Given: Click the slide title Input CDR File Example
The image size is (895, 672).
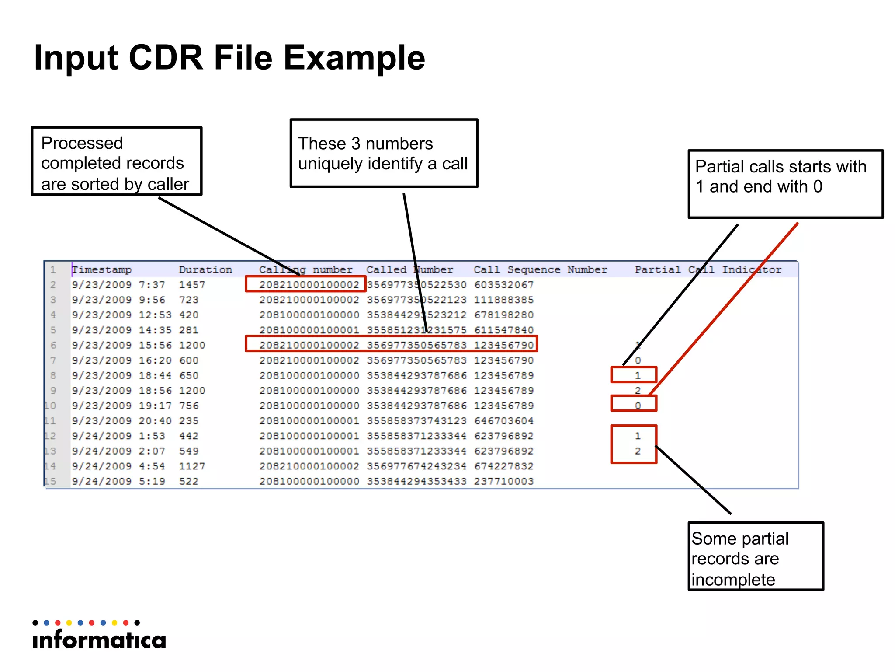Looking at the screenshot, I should pyautogui.click(x=229, y=58).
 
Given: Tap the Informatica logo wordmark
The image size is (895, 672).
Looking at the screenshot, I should pyautogui.click(x=99, y=640).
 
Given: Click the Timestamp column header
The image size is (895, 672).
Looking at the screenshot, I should pyautogui.click(x=102, y=270).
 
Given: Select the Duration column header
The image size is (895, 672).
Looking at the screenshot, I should pyautogui.click(x=205, y=270).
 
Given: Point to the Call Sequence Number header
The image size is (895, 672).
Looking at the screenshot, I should pyautogui.click(x=540, y=270).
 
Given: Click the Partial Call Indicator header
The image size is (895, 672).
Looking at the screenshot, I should pyautogui.click(x=708, y=270).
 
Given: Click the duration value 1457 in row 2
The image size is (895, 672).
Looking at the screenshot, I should pyautogui.click(x=192, y=285).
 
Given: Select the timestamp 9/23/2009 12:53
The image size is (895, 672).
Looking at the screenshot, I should pyautogui.click(x=121, y=315).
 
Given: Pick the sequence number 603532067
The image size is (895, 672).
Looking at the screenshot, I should pyautogui.click(x=503, y=285).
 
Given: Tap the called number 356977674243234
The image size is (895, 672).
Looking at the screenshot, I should pyautogui.click(x=416, y=466).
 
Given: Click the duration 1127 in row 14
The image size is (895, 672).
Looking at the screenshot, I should pyautogui.click(x=192, y=466).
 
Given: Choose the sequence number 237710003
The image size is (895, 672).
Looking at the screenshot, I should pyautogui.click(x=503, y=481).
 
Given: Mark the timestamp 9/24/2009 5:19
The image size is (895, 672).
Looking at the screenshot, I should pyautogui.click(x=118, y=481).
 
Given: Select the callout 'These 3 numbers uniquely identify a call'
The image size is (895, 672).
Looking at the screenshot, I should pyautogui.click(x=384, y=153).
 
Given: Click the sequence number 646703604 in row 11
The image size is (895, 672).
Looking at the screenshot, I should pyautogui.click(x=503, y=421).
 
